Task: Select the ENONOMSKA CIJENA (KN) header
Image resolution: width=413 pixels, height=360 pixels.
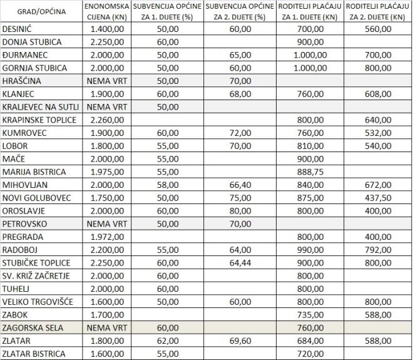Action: (106, 13)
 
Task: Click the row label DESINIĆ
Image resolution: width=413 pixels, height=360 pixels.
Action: (18, 29)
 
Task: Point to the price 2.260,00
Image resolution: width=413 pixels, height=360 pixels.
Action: (107, 120)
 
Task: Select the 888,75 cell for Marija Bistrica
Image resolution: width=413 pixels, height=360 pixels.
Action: (310, 172)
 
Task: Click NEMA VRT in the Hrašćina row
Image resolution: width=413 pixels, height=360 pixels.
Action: (106, 81)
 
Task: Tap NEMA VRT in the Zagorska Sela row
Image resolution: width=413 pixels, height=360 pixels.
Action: (106, 328)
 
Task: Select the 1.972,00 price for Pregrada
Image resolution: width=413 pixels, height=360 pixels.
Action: (107, 237)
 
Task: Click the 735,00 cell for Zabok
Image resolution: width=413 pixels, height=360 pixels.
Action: (310, 315)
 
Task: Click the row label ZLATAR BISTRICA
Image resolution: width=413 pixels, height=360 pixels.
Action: (34, 354)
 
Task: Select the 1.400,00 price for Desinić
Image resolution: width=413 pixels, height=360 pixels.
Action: (107, 29)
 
